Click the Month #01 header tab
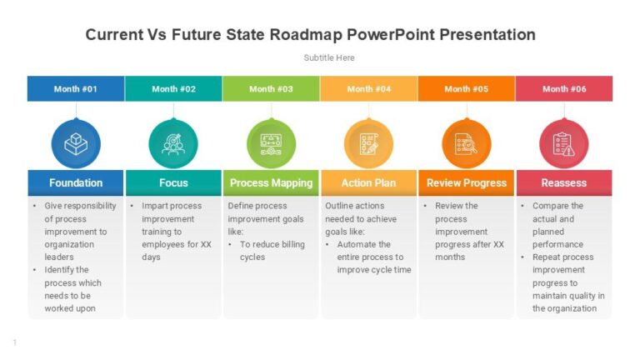click(x=76, y=88)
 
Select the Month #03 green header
click(x=271, y=88)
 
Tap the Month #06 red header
click(x=564, y=88)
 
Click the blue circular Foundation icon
click(x=76, y=143)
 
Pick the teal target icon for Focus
click(x=173, y=143)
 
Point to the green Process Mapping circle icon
click(x=271, y=143)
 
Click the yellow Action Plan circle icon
click(x=368, y=143)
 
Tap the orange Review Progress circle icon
click(x=466, y=143)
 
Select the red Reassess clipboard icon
click(x=564, y=143)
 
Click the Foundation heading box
click(x=76, y=182)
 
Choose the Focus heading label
click(x=173, y=182)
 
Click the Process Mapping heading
click(x=271, y=182)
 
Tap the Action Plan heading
click(x=368, y=182)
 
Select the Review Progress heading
click(x=466, y=182)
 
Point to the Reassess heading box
click(x=564, y=182)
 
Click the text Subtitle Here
click(x=328, y=57)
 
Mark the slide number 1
click(x=15, y=342)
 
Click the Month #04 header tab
click(x=368, y=88)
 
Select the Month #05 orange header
click(x=466, y=88)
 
